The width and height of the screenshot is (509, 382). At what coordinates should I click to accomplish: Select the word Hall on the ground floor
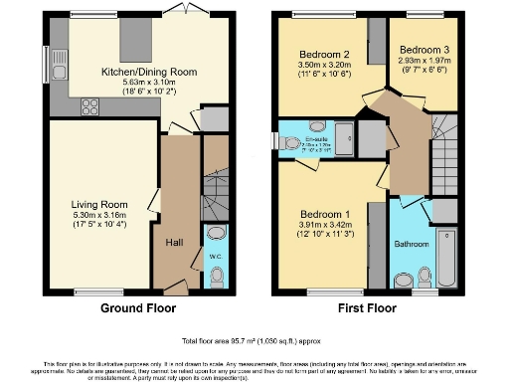(172, 242)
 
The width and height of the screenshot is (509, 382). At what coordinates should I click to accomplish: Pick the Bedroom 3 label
(418, 49)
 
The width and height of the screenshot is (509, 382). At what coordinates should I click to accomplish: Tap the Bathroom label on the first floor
(413, 244)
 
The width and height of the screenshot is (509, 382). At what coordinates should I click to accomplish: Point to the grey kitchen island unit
(134, 41)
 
